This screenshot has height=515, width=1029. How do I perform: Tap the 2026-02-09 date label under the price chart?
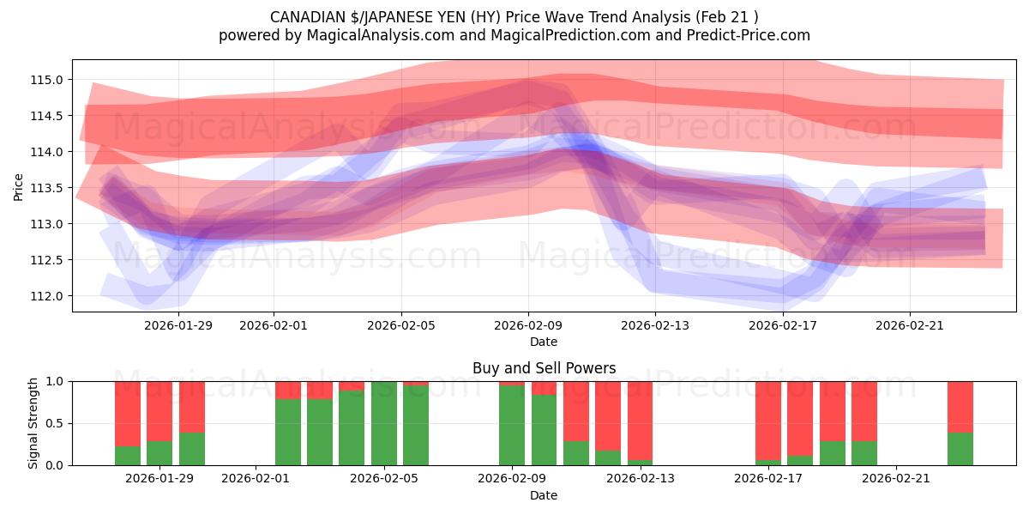click(528, 325)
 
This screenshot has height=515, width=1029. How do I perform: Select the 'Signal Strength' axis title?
click(33, 423)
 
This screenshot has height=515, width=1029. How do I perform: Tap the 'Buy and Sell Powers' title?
click(544, 368)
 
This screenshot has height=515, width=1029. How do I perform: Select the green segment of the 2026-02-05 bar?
click(384, 425)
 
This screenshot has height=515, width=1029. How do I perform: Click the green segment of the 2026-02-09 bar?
click(512, 425)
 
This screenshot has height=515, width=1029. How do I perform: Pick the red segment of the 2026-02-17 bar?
click(768, 421)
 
